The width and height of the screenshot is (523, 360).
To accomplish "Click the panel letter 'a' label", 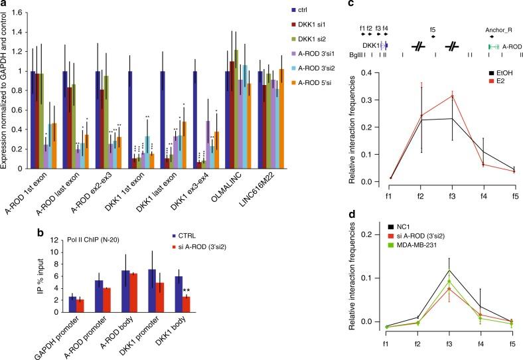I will pos(4,5).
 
